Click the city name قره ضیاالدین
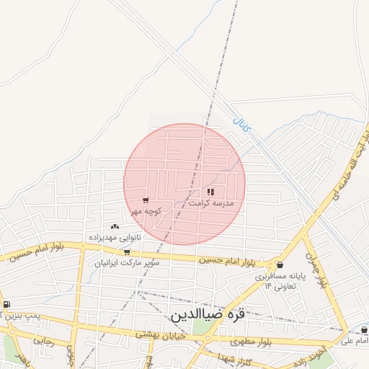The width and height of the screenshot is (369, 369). coord(208,314)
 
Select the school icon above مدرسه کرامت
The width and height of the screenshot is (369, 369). coord(210,192)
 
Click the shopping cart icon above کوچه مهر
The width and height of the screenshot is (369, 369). coord(146,200)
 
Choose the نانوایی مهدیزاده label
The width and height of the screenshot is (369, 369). coord(115,236)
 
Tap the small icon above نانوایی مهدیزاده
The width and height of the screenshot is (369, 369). coord(115,226)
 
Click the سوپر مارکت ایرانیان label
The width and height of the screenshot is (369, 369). coord(128,263)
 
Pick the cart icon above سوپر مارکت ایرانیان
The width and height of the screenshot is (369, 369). coord(128,252)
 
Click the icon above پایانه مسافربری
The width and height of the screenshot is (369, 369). coord(280,264)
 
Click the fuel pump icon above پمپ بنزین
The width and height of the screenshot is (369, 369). coord(6,304)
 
